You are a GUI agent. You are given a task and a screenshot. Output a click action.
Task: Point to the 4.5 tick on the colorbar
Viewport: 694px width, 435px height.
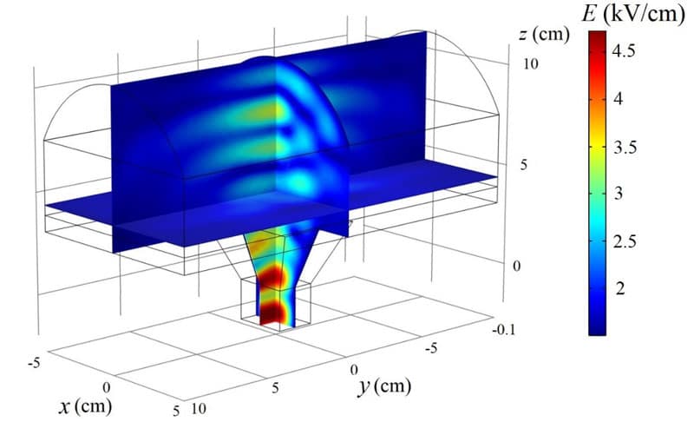click(x=624, y=50)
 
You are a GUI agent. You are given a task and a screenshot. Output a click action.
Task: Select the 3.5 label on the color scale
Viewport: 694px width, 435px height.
click(x=625, y=147)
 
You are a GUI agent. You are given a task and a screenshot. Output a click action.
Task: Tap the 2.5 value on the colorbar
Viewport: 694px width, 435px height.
click(x=625, y=242)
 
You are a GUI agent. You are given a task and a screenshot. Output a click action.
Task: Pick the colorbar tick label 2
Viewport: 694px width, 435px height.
click(x=619, y=289)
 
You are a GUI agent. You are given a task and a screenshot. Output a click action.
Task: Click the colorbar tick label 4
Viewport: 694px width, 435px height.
click(x=619, y=98)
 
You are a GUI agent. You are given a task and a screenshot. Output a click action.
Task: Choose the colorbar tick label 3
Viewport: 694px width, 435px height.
click(x=619, y=194)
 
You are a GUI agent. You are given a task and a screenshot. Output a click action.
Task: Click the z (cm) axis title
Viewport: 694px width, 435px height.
click(x=544, y=34)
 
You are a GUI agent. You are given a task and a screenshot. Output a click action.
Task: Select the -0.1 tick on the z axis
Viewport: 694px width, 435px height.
click(x=504, y=330)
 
